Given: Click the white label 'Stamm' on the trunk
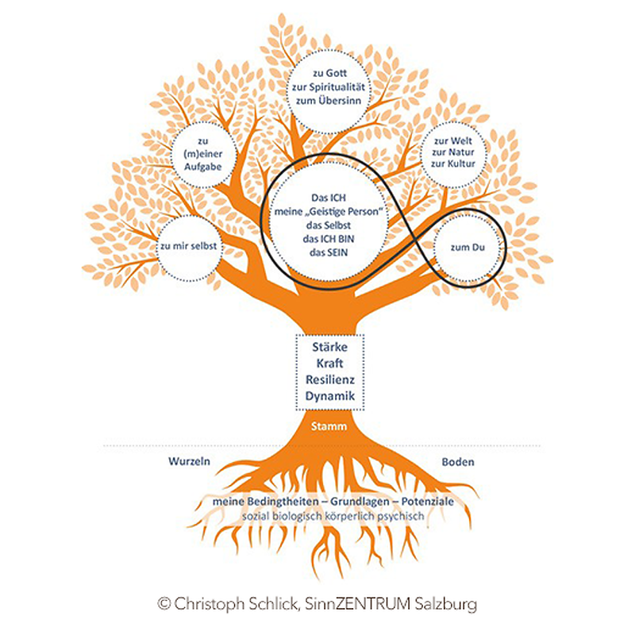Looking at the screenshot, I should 329,427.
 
